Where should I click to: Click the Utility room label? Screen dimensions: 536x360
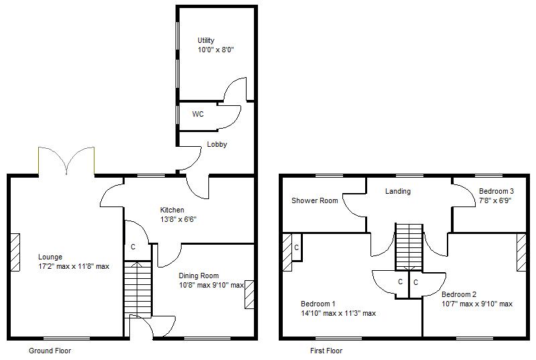point(206,40)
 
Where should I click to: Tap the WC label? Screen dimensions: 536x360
point(198,114)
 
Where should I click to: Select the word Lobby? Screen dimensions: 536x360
point(217,144)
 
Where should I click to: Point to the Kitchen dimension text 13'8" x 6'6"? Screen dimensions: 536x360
point(178,219)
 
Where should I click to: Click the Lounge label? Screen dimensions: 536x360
point(50,257)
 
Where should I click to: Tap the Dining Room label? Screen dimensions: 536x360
point(198,276)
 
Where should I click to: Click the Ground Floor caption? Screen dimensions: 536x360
point(50,351)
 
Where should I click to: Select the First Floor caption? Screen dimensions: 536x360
point(326,351)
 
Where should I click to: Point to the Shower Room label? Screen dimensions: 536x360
point(314,200)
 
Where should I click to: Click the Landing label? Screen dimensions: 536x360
point(398,191)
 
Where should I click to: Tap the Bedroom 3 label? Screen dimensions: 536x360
point(496,191)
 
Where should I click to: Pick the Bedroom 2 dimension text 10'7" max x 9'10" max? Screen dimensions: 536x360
point(477,304)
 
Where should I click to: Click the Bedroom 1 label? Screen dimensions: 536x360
point(318,304)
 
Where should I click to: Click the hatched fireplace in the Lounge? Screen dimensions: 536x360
point(15,252)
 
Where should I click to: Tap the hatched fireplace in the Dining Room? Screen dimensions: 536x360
point(249,295)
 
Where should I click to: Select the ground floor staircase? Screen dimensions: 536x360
point(137,289)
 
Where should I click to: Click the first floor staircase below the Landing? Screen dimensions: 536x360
point(409,247)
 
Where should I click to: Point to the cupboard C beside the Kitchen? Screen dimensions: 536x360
point(133,247)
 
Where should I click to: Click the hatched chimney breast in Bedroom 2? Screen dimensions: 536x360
point(521,252)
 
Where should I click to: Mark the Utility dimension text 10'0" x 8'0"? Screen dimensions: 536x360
point(216,50)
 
